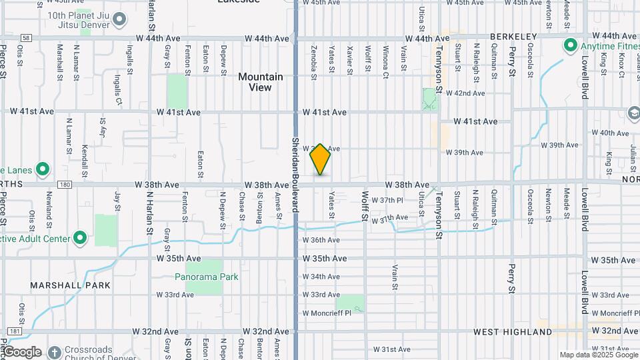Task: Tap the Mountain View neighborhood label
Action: click(261, 82)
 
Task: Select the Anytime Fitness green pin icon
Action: click(571, 46)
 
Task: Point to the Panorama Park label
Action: click(207, 277)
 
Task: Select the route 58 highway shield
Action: click(25, 39)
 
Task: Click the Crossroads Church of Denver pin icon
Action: click(53, 351)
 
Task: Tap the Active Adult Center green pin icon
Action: click(80, 238)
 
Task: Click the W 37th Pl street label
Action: click(387, 200)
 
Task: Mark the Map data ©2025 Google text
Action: click(598, 355)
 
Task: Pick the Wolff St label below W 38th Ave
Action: click(365, 207)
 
